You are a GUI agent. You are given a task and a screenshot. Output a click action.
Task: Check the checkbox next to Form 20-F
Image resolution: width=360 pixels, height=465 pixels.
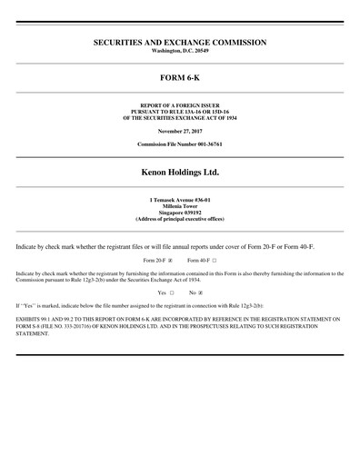(x=170, y=261)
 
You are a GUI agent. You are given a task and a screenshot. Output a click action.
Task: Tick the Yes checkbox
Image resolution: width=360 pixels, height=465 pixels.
(x=171, y=293)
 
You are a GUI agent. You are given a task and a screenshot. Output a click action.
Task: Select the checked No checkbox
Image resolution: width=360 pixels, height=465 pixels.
(x=200, y=293)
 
